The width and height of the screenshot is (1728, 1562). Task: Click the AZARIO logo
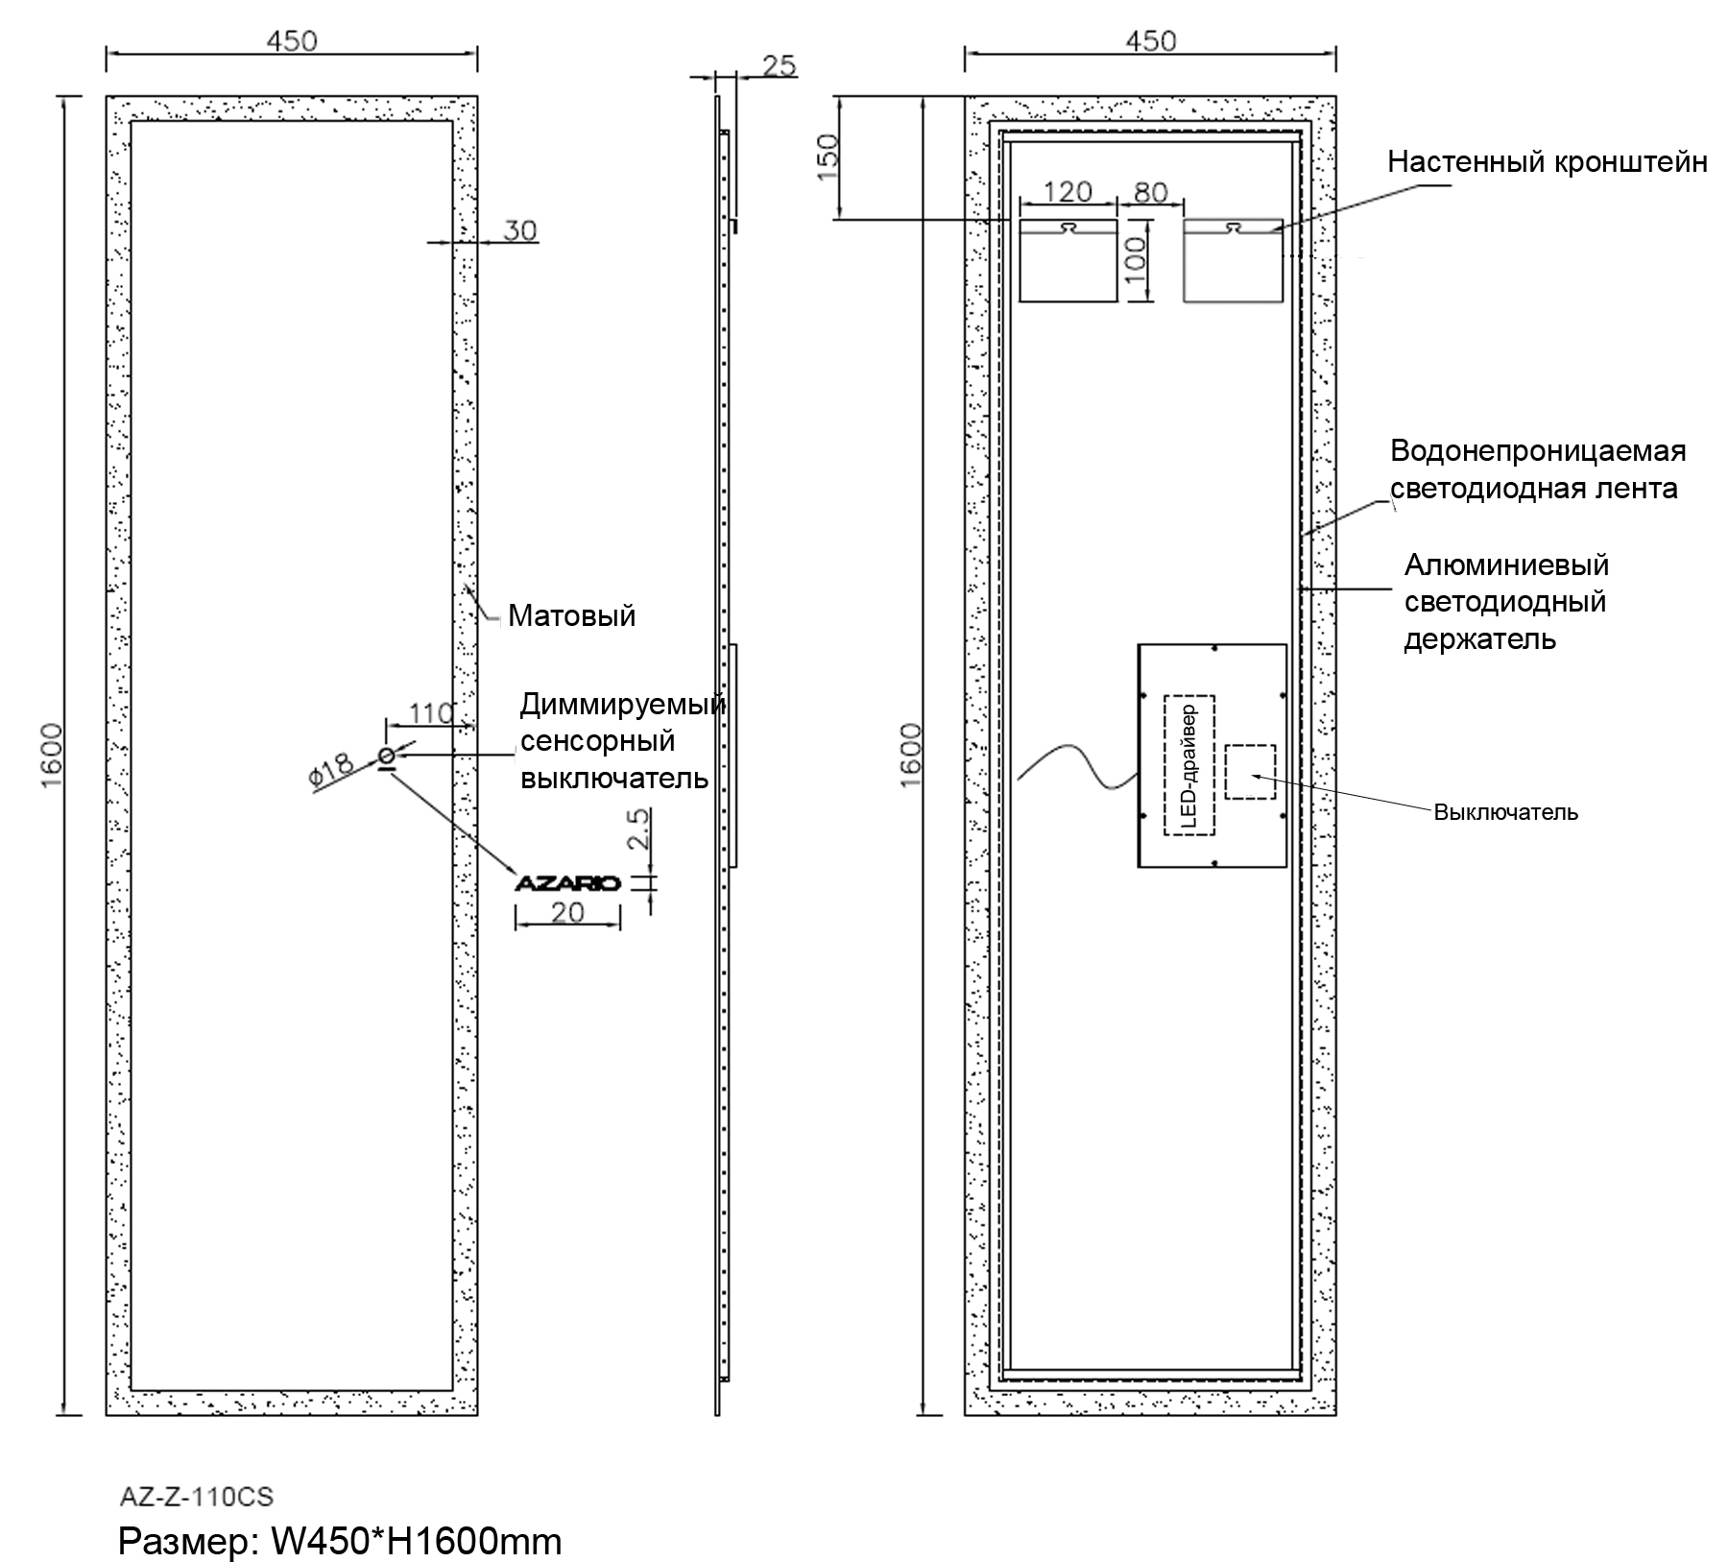tap(568, 883)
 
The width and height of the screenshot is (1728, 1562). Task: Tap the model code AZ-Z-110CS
tap(196, 1496)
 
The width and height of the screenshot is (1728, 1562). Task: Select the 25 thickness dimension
tap(779, 65)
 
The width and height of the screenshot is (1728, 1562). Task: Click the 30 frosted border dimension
tap(520, 230)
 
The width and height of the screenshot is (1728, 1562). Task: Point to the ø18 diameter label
tap(332, 770)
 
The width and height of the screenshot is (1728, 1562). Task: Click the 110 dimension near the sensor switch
tap(430, 713)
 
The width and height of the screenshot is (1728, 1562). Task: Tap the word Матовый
tap(571, 615)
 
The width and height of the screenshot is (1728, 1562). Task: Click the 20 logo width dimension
tap(568, 912)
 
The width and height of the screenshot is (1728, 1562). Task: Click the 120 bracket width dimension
tap(1068, 192)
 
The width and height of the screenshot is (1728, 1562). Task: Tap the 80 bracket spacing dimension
tap(1150, 192)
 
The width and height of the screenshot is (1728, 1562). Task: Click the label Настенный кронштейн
tap(1547, 161)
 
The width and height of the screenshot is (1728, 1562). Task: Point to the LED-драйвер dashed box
tap(1188, 765)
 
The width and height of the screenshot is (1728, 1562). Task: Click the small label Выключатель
tap(1505, 812)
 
